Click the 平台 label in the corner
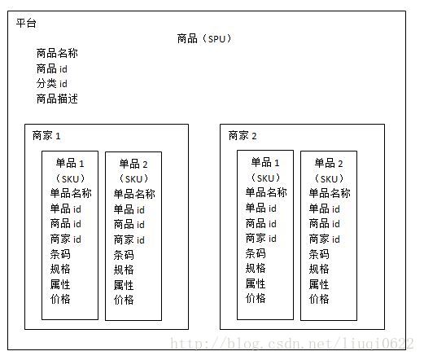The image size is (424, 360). point(26,23)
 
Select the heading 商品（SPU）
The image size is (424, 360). point(204,38)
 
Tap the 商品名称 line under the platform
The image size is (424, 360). point(57,53)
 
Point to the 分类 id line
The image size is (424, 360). point(51,83)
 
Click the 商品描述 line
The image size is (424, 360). point(57,99)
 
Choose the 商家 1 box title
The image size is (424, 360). point(46,135)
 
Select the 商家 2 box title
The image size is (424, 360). point(243,135)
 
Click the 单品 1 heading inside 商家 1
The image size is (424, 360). point(70,164)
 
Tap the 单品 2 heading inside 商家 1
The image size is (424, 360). point(133,164)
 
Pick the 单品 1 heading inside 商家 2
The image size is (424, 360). point(265,162)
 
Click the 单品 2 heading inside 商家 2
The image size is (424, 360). point(329,163)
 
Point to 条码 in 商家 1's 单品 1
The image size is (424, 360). point(60,254)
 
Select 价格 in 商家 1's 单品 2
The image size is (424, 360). point(124,300)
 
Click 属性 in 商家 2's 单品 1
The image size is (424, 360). point(256,283)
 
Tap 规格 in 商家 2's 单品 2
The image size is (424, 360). point(319,269)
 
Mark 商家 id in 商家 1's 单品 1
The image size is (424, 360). point(66,239)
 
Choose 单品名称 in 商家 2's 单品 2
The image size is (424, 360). point(330,193)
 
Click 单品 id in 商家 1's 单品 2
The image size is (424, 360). point(129,209)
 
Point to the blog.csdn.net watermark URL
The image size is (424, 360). point(292,344)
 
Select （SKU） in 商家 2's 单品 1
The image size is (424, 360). point(265,178)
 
